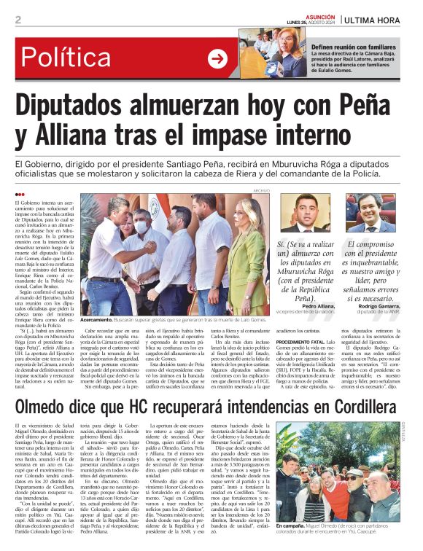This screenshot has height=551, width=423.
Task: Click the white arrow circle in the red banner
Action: [217, 59]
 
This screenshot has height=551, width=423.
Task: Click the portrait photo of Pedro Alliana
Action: [302, 213]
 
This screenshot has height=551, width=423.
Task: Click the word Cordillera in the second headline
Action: [352, 405]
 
